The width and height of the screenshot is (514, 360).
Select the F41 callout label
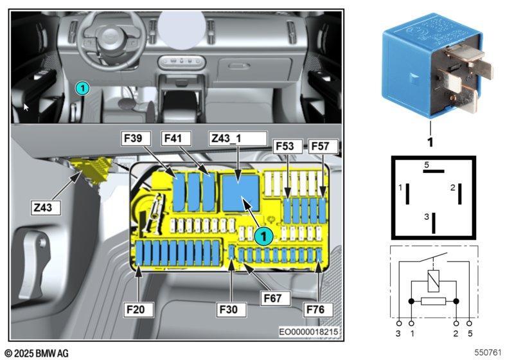coord(176,138)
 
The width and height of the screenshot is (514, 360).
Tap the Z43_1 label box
coord(238,138)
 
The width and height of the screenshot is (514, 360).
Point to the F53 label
coord(288,146)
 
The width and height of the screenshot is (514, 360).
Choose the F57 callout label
coord(323,146)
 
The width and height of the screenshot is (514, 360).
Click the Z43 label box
coord(46,208)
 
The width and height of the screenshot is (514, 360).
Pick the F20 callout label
coord(138,309)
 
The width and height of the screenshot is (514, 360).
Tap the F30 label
coord(231,309)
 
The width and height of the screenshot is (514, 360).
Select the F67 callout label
coord(276,298)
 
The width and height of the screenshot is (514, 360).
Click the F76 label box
coord(318,309)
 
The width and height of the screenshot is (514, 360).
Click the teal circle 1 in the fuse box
coord(263,236)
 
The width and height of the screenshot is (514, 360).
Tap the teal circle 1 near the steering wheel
coord(82,88)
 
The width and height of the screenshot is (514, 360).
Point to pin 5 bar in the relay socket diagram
coord(434,171)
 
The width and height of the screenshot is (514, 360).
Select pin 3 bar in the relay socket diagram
coord(434,223)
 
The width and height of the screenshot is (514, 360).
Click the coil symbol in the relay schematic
coord(433,281)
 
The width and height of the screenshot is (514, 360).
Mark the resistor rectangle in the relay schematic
coord(433,301)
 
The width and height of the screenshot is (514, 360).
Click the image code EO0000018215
coord(308,332)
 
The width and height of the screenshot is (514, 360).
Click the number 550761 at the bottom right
coord(488,352)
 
